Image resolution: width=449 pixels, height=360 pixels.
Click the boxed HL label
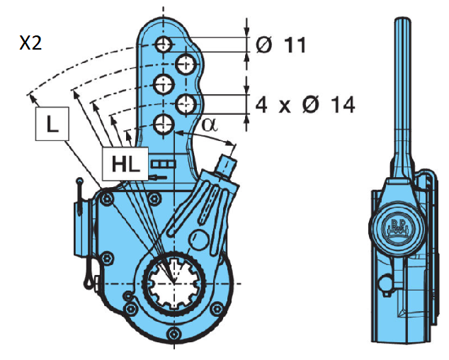(x=124, y=164)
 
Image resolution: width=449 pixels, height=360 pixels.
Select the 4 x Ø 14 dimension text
(x=305, y=105)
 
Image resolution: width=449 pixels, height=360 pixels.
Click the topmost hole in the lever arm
(x=164, y=45)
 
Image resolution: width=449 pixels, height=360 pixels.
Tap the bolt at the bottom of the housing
(x=171, y=334)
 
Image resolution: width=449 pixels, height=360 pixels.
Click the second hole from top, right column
(x=186, y=64)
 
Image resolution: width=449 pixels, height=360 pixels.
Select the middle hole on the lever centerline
(x=164, y=84)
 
